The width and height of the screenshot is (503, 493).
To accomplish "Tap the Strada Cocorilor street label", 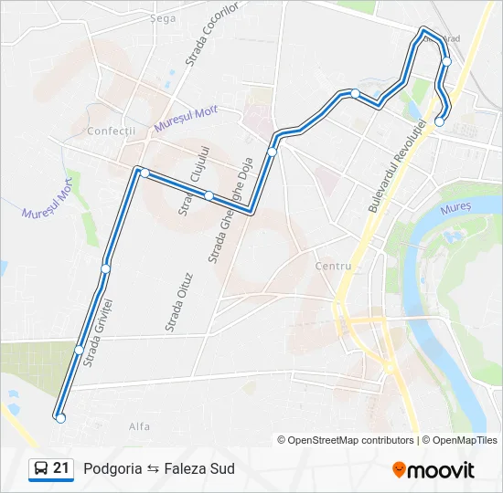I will tap(211, 34).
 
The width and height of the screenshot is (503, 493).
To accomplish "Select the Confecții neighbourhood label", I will tap(111, 131).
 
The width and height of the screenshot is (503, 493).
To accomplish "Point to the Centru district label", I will tap(333, 266).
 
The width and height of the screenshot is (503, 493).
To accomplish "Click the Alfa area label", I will tap(140, 425).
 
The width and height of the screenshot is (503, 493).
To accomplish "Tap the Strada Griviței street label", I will tap(97, 331).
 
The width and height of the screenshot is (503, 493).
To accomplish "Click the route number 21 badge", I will tap(61, 468).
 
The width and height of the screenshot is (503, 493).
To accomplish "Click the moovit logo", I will tap(433, 469).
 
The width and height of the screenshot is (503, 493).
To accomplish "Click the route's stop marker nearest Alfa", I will tap(60, 418).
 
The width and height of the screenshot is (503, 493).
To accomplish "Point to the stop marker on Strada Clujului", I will tap(209, 195).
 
